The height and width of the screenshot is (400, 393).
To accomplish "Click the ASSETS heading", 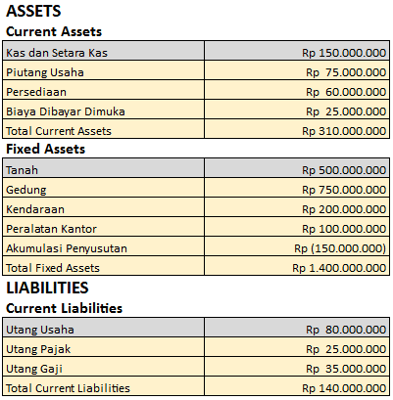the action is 33,12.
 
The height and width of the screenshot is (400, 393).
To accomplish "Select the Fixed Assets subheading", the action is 45,149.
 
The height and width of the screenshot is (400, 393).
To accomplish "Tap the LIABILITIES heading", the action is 48,288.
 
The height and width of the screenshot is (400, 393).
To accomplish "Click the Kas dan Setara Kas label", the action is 57,52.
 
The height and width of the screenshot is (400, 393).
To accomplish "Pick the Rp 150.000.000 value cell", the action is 344,52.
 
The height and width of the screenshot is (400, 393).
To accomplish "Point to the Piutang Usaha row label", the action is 45,71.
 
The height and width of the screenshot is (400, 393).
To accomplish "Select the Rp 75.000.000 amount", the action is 346,71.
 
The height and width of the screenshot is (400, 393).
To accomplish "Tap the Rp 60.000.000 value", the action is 346,91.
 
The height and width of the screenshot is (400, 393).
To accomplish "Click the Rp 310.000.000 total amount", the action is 344,130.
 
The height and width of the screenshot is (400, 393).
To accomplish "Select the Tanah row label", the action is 23,169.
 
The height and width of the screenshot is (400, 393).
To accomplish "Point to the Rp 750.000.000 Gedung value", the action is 344,189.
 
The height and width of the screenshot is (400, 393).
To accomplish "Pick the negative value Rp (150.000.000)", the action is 340,247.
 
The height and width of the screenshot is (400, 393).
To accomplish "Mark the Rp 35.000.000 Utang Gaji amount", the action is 346,368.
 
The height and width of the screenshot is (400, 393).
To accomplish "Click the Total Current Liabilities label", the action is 68,387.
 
